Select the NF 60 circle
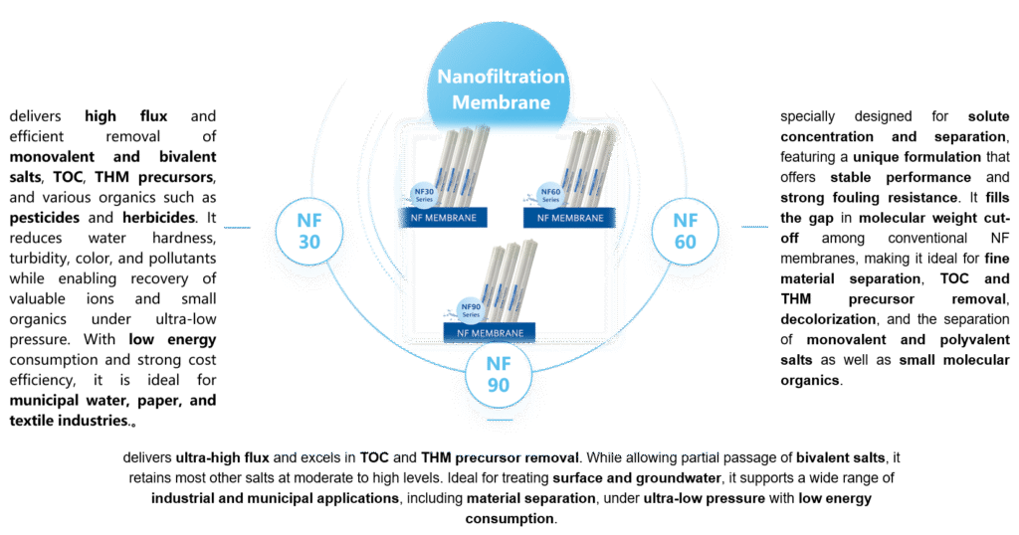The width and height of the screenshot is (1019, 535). [x=686, y=231]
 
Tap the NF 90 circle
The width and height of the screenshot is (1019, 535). [x=498, y=374]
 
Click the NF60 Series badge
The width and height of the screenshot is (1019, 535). [x=549, y=193]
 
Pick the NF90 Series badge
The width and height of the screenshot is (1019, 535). [x=470, y=308]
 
